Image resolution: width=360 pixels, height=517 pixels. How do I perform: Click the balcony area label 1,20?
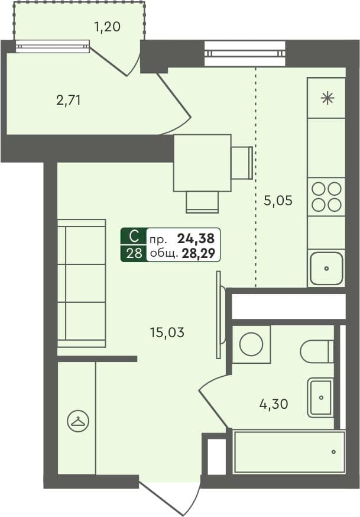pyautogui.click(x=108, y=27)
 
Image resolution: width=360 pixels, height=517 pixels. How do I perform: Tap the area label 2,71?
pyautogui.click(x=69, y=99)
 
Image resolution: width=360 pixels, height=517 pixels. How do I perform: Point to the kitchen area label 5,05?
pyautogui.click(x=278, y=200)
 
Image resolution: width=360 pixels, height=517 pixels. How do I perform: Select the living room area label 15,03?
pyautogui.click(x=167, y=332)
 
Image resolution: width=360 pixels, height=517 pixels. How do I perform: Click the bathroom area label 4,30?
pyautogui.click(x=273, y=403)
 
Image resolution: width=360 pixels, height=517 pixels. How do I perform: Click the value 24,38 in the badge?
pyautogui.click(x=196, y=238)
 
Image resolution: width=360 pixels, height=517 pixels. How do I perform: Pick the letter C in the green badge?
pyautogui.click(x=134, y=237)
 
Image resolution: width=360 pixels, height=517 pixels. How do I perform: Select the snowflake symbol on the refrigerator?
pyautogui.click(x=327, y=98)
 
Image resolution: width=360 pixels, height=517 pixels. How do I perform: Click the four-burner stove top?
pyautogui.click(x=326, y=197)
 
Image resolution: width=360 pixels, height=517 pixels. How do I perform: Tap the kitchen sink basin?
pyautogui.click(x=326, y=269)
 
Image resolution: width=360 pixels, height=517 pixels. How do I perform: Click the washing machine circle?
pyautogui.click(x=251, y=344)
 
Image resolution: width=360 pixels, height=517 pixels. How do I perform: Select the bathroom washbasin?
pyautogui.click(x=320, y=398)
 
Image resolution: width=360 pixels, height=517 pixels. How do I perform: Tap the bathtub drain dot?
pyautogui.click(x=333, y=452)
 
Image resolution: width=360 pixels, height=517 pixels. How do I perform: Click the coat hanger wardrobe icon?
pyautogui.click(x=79, y=421)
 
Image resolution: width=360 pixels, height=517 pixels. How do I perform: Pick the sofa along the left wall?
pyautogui.click(x=82, y=283)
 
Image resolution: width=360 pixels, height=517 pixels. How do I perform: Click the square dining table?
pyautogui.click(x=202, y=163)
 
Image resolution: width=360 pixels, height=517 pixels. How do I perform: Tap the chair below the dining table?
pyautogui.click(x=202, y=202)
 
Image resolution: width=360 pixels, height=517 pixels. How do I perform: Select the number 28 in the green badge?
pyautogui.click(x=134, y=254)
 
